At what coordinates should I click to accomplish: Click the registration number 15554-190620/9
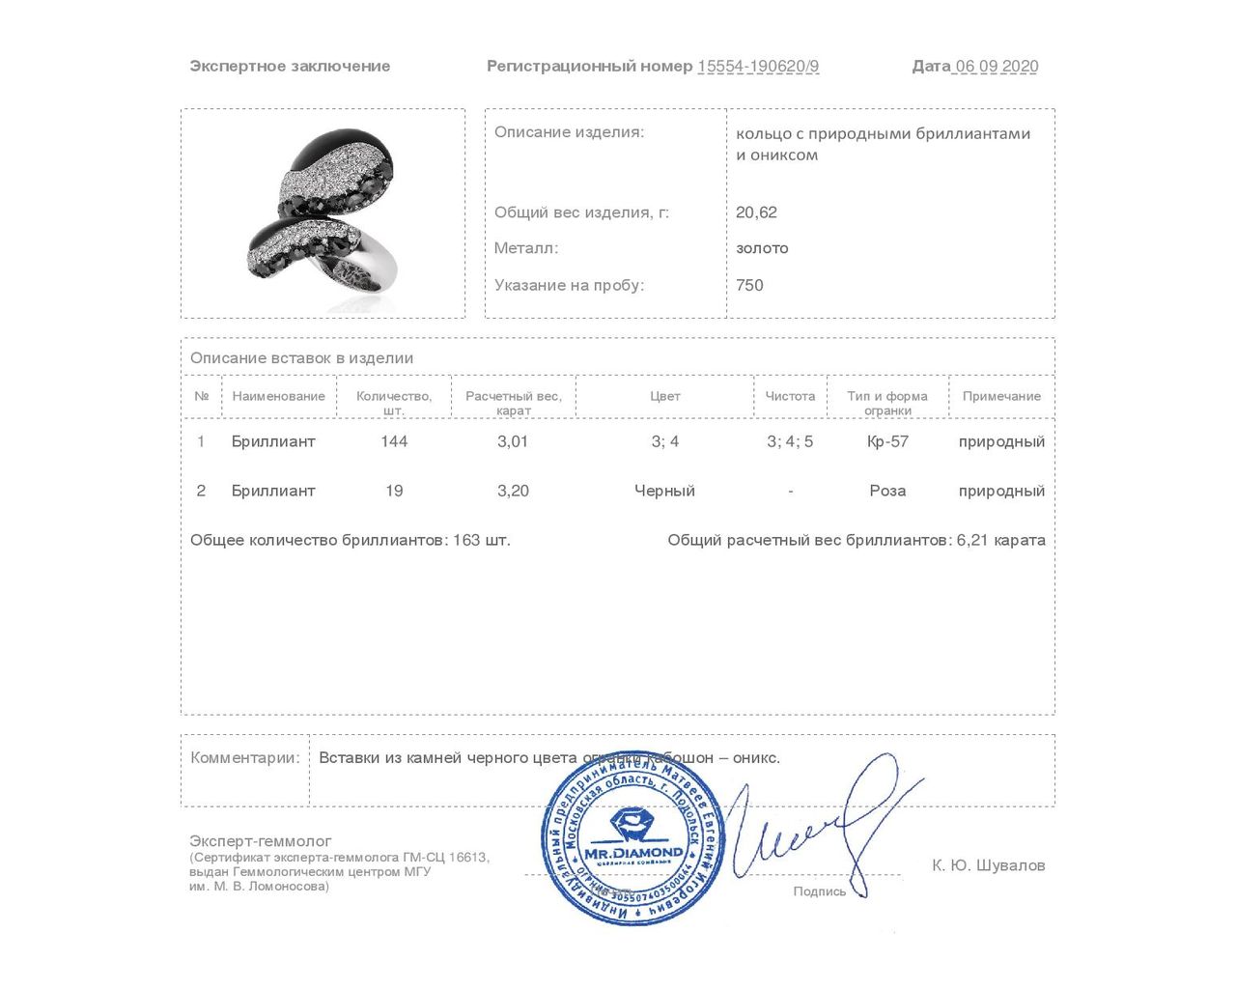coord(758,67)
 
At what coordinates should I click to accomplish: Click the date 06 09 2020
coord(997,67)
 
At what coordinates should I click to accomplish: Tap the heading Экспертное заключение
coord(290,67)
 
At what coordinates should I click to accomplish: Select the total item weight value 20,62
coord(756,212)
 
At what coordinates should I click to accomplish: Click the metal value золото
coord(762,248)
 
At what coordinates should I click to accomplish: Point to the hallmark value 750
coord(749,285)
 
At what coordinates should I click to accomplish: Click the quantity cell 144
coord(394,441)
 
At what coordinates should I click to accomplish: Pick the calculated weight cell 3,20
coord(513,491)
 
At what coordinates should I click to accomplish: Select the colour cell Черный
coord(664,491)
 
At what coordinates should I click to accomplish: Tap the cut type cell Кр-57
coord(887,441)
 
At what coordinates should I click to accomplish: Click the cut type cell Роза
coord(887,491)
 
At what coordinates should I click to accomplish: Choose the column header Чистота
coord(790,396)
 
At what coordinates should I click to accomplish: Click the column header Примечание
coord(1001,396)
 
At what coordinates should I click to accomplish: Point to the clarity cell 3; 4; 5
coord(790,441)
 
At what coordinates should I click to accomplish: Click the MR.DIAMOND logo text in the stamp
coord(633,853)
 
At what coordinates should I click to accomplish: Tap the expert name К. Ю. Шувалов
coord(988,865)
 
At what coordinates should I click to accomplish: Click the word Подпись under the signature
coord(819,891)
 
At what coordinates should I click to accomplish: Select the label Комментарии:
coord(245,758)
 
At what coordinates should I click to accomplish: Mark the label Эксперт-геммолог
coord(261,841)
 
